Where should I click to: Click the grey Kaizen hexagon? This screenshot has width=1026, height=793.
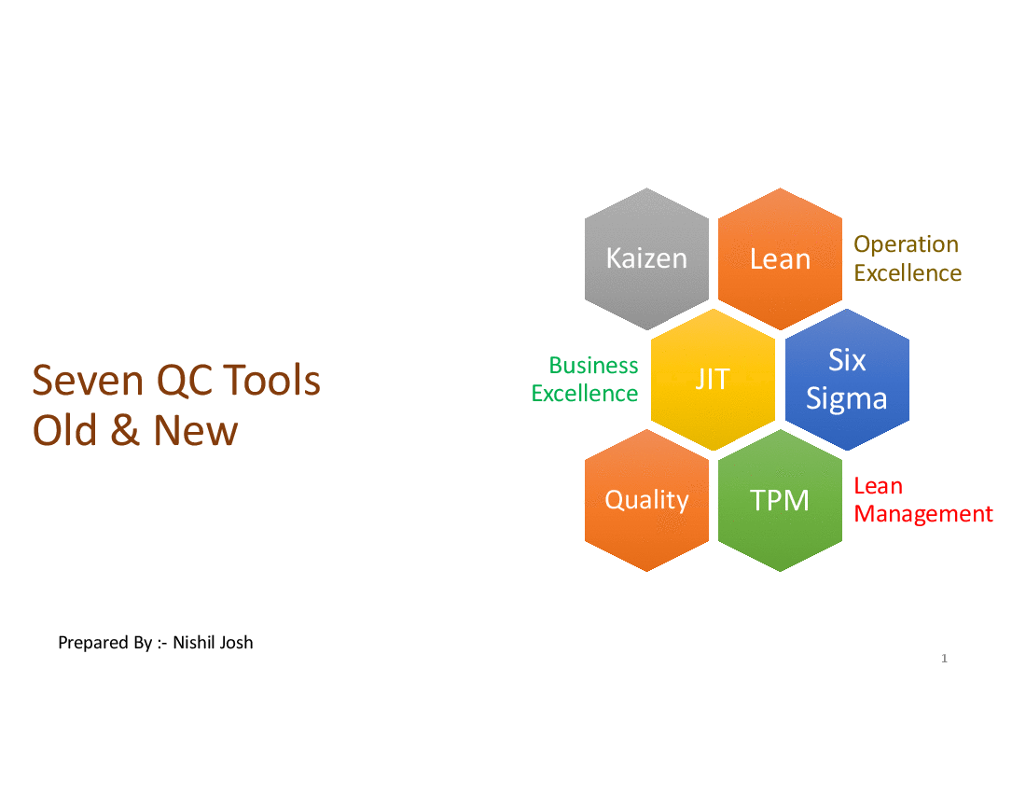click(x=646, y=258)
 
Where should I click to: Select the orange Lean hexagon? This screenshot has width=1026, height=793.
click(x=780, y=258)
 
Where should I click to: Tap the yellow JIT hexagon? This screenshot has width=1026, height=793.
click(x=714, y=380)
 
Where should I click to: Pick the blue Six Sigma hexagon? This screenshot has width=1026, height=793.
click(x=847, y=380)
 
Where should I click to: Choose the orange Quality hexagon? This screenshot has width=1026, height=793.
click(x=646, y=501)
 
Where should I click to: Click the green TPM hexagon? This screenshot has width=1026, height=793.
click(x=780, y=501)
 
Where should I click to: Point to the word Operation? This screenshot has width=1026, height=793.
click(x=907, y=244)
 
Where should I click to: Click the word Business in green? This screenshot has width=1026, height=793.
click(x=593, y=365)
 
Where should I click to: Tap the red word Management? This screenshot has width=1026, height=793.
click(x=923, y=514)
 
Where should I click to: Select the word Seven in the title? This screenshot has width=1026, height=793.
click(x=88, y=380)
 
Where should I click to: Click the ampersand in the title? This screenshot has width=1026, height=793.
click(x=124, y=430)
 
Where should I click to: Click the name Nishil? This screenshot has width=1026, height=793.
click(x=193, y=643)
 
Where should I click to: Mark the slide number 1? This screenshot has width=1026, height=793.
click(x=944, y=659)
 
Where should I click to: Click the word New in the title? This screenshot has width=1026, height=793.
click(x=195, y=430)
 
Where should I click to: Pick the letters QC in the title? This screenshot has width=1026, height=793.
click(x=183, y=380)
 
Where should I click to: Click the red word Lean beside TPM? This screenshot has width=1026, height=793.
click(x=878, y=486)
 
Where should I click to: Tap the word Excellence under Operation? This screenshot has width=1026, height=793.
click(x=908, y=272)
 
